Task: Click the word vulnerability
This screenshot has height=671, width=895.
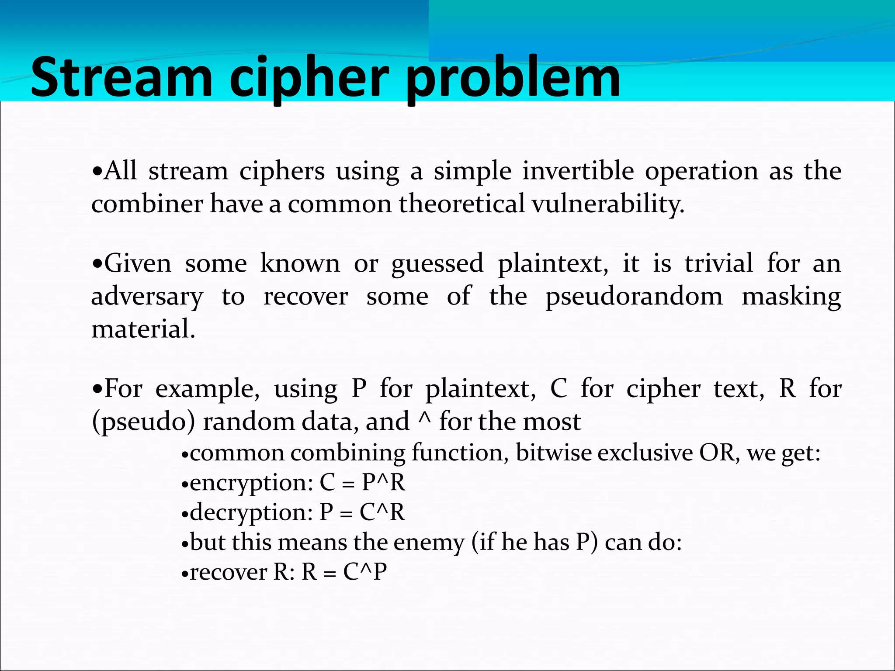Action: point(607,204)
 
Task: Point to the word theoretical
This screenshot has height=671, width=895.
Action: point(461,204)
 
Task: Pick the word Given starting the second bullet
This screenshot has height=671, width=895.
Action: point(138,263)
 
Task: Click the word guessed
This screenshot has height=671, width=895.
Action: point(437,264)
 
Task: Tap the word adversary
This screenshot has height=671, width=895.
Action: point(147,297)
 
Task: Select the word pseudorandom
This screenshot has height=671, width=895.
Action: point(634,297)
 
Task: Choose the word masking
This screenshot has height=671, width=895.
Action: point(791,297)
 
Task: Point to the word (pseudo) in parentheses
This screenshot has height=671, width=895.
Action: point(143,422)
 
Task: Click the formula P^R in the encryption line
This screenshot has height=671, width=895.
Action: point(383,483)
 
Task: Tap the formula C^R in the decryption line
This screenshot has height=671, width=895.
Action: point(382,512)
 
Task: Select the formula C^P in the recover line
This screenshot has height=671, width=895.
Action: point(365,572)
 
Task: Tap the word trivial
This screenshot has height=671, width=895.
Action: point(719,263)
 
